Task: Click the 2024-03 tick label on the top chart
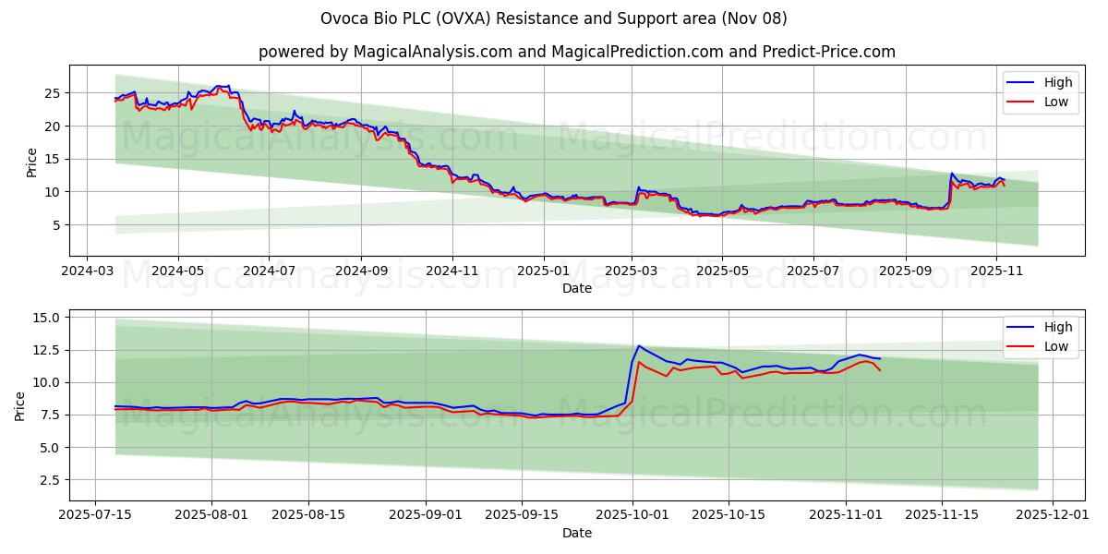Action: click(87, 272)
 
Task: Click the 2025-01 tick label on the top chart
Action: click(543, 272)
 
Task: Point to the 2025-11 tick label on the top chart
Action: click(996, 272)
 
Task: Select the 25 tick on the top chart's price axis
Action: click(53, 93)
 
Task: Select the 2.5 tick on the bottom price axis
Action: click(48, 480)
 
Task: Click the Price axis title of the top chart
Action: click(31, 163)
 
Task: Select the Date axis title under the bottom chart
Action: click(577, 533)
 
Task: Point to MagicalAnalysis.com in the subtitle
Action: click(433, 52)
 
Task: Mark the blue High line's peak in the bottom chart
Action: click(638, 345)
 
